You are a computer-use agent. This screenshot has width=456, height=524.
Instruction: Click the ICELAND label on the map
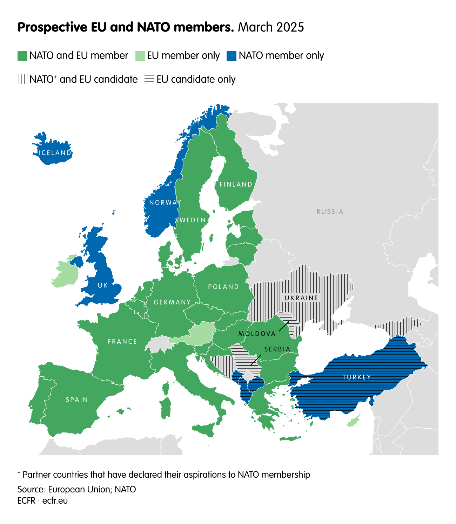[x=55, y=153]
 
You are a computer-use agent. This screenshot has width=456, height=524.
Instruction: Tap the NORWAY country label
[x=165, y=203]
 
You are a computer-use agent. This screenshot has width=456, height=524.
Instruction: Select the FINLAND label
[x=236, y=184]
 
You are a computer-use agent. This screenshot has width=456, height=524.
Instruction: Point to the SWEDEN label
[x=190, y=220]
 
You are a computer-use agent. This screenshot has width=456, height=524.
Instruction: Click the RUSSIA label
[x=330, y=212]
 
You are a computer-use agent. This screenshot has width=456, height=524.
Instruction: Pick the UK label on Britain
[x=103, y=285]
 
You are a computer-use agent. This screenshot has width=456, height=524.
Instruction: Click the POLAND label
[x=223, y=287]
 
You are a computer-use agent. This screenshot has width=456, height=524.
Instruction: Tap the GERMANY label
[x=172, y=302]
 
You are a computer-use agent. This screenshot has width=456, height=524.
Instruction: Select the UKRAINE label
[x=301, y=298]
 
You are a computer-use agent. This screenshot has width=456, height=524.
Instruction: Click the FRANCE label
[x=122, y=342]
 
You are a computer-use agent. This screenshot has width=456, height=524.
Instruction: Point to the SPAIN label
[x=77, y=400]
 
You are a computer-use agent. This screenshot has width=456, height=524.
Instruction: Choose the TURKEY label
[x=357, y=377]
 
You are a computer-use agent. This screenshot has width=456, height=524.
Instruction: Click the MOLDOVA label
[x=257, y=334]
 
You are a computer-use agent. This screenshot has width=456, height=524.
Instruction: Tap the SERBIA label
[x=277, y=349]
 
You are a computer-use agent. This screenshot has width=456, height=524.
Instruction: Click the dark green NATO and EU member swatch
[x=22, y=56]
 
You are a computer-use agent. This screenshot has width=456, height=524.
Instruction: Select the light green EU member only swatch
[x=140, y=56]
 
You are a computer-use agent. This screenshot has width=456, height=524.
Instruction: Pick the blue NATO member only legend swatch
[x=232, y=56]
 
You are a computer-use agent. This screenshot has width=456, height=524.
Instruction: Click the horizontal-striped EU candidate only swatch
[x=149, y=80]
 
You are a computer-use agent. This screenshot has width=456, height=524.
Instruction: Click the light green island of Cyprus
[x=354, y=421]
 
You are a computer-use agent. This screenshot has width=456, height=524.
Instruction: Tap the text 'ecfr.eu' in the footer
[x=55, y=501]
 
